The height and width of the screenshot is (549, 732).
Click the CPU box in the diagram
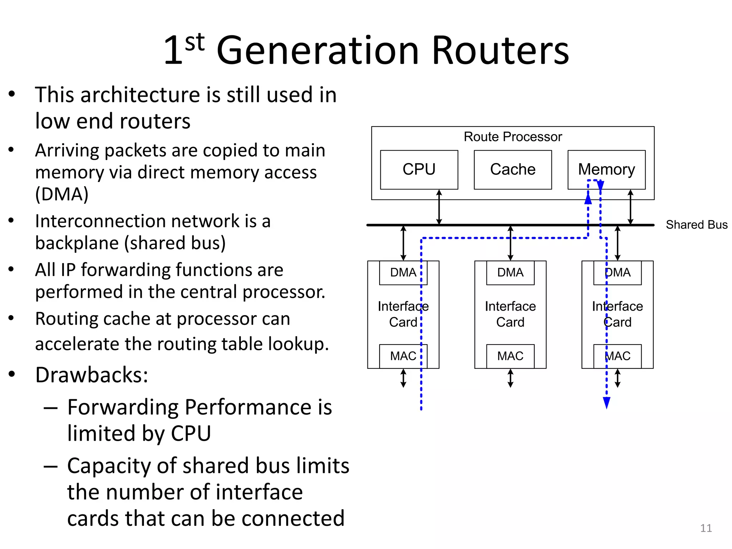point(419,169)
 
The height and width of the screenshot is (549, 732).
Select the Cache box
point(513,169)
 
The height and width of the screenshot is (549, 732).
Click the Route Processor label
point(513,137)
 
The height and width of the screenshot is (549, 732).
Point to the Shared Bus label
point(696,225)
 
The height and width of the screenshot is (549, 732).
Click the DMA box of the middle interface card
point(510,273)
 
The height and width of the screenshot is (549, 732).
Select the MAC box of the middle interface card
point(510,356)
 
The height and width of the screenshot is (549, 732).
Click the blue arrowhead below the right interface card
point(606,402)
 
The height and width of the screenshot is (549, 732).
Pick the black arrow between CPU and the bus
point(439,207)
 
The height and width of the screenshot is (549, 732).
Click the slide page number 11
point(706,528)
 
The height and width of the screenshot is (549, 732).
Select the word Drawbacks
point(91,375)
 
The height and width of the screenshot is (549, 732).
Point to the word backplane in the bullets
point(76,243)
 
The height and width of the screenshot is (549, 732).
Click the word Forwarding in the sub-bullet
point(123,407)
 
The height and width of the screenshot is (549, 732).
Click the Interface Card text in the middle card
point(510,314)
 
